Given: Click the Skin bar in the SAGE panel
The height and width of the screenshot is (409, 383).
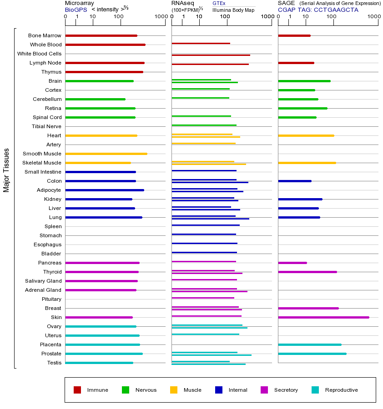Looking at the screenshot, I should [323, 317].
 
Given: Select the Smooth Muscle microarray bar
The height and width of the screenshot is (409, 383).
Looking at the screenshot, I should [106, 154].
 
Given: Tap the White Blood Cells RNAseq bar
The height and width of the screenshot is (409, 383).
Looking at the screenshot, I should [211, 55].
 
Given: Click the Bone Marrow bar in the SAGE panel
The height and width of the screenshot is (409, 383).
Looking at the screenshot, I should [294, 35].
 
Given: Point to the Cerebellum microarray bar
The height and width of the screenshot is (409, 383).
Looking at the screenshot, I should [95, 99].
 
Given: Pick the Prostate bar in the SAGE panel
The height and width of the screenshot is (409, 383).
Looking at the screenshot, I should [312, 354].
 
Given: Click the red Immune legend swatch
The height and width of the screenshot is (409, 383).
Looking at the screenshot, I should [77, 390].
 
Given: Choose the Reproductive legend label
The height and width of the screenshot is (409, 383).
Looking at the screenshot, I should [341, 390].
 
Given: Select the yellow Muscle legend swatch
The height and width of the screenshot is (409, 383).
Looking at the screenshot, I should [174, 390].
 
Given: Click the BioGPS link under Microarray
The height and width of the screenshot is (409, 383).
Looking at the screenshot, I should [76, 10].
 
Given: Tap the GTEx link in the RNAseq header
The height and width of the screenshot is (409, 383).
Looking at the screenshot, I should [219, 3].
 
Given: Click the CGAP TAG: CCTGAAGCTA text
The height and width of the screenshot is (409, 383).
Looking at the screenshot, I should [318, 10].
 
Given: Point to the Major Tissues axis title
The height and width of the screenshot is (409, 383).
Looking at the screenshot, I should [6, 170].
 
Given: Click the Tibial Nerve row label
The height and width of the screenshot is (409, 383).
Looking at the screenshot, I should [46, 126].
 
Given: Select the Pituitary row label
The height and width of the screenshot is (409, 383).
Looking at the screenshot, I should [51, 299].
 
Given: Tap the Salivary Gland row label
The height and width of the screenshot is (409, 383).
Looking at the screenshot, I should [43, 281].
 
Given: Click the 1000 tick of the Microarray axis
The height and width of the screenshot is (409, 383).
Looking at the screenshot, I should [160, 17].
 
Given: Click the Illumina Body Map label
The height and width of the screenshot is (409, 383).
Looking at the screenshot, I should [233, 10].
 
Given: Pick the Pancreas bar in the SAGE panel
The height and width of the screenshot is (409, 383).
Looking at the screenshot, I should [292, 263].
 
